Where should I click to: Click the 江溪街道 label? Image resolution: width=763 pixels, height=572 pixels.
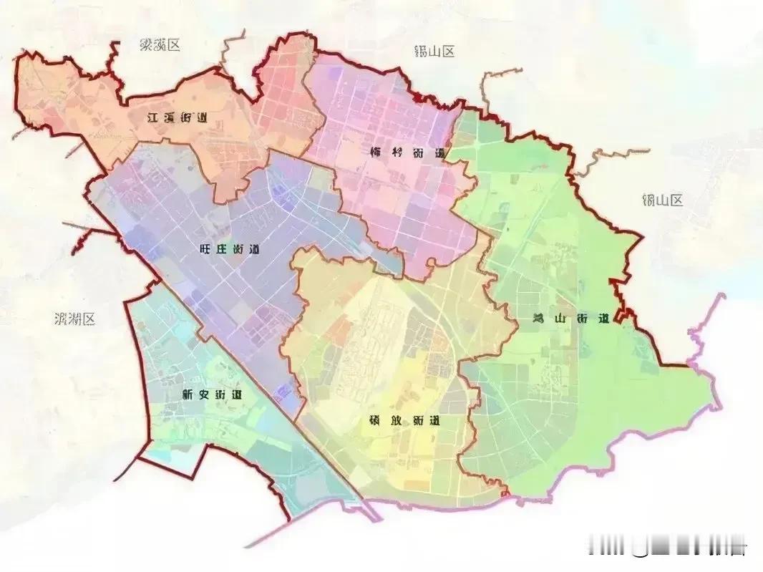177,118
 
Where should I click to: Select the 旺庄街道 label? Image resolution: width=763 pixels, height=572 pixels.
228,250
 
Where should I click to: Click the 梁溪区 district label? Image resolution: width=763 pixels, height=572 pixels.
160,45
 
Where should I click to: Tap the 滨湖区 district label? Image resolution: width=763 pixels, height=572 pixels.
74,319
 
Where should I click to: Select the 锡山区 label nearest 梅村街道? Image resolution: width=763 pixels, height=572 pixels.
434,51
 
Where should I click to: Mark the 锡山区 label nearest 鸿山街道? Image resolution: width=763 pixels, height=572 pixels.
663,200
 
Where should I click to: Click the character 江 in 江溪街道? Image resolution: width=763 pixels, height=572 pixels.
152,118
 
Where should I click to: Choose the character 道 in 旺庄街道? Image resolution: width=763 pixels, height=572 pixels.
253,250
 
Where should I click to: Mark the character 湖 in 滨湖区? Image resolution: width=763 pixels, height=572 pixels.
74,319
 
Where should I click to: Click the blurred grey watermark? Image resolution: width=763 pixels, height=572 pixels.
666,548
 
